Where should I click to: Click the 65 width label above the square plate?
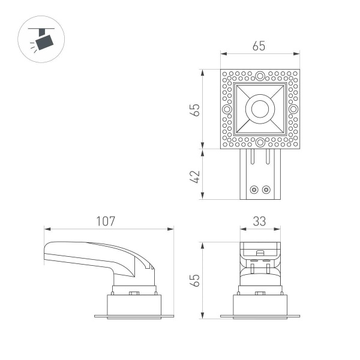coord(259,46)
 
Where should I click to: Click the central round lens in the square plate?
coord(260,109)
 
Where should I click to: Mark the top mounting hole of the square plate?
coord(260,76)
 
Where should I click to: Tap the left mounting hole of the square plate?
coord(227,109)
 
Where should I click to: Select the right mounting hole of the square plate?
coord(293,109)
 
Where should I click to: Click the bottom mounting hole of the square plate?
coord(260,142)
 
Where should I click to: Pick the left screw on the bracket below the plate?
coord(254,190)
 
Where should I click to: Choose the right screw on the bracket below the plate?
coord(266,190)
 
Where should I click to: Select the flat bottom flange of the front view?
coord(260,316)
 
